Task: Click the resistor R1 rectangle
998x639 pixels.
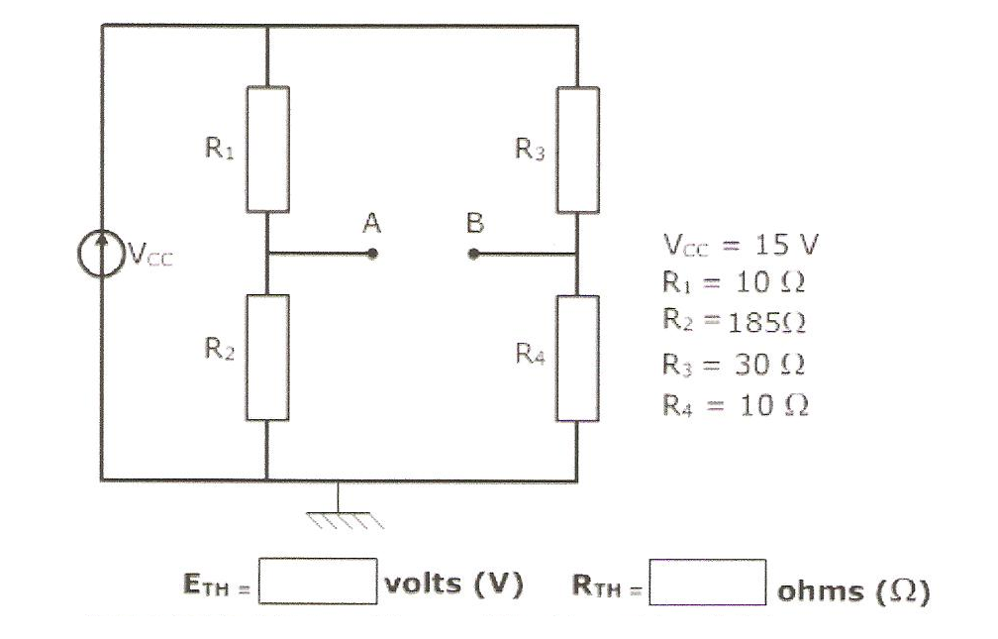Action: pyautogui.click(x=267, y=149)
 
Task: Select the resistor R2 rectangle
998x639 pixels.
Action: pyautogui.click(x=267, y=357)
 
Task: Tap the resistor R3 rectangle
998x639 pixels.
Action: pyautogui.click(x=578, y=149)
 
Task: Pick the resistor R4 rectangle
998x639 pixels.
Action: pyautogui.click(x=578, y=358)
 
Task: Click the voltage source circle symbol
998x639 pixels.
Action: pyautogui.click(x=100, y=255)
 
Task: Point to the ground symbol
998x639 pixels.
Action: pyautogui.click(x=340, y=510)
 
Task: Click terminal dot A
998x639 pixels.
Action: pyautogui.click(x=373, y=254)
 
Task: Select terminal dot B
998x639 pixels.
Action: pyautogui.click(x=474, y=254)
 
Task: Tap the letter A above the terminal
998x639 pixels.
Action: pyautogui.click(x=371, y=224)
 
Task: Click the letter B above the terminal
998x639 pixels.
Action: pyautogui.click(x=475, y=224)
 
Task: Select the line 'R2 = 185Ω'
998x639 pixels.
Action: pyautogui.click(x=732, y=322)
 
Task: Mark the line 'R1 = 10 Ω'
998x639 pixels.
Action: pyautogui.click(x=732, y=282)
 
